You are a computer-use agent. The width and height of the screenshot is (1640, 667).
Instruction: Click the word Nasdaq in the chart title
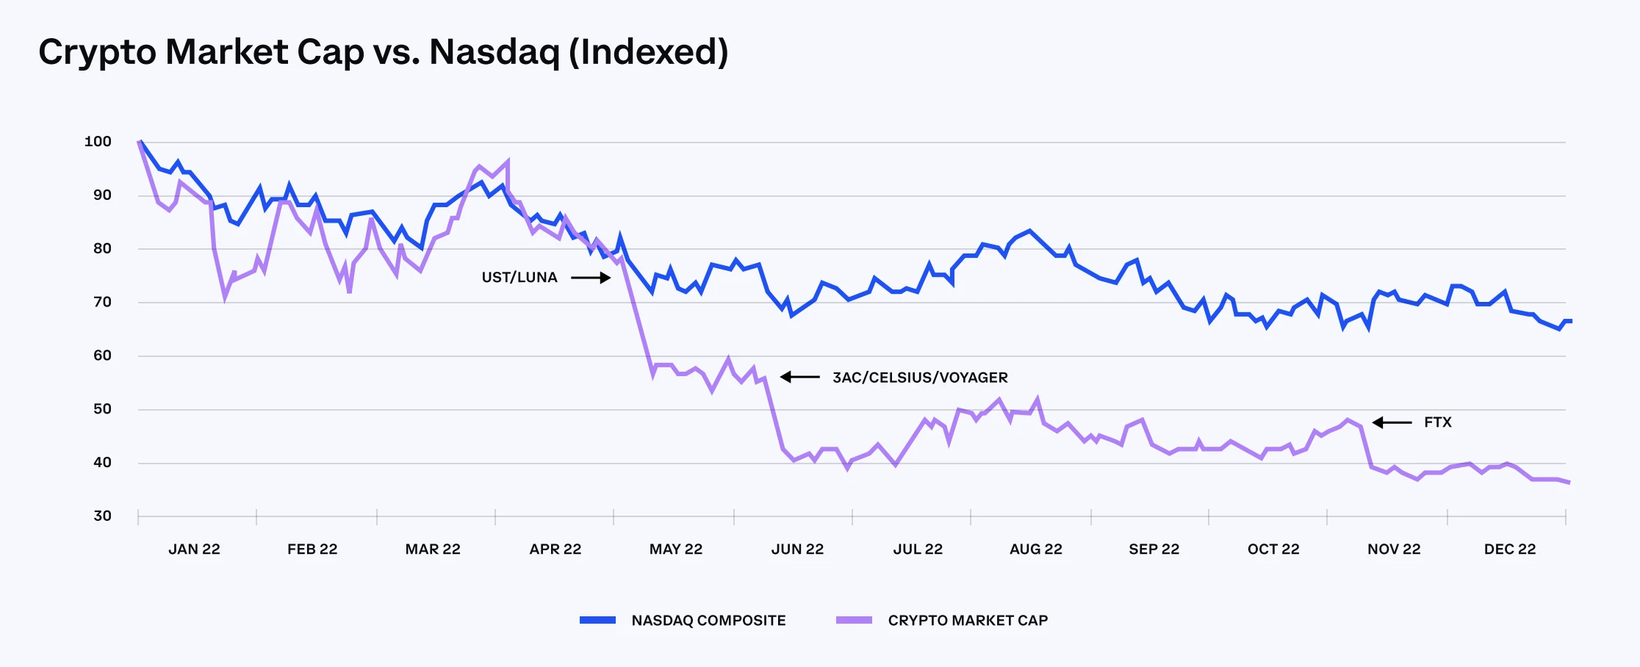494,53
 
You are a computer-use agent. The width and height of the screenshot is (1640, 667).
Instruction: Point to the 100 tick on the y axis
98,142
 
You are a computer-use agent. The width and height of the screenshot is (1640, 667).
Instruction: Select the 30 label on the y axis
102,516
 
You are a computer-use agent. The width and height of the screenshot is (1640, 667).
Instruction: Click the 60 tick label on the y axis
102,356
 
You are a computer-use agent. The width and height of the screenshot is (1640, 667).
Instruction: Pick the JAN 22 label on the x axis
194,549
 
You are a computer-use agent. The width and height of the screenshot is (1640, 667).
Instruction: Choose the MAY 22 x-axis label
675,549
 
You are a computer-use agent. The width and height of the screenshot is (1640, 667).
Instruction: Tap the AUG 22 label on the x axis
1035,549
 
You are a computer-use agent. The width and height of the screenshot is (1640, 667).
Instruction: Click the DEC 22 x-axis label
1509,549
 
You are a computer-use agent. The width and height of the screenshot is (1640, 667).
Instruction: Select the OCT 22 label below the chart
1273,549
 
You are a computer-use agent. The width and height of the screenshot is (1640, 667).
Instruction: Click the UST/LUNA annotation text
519,278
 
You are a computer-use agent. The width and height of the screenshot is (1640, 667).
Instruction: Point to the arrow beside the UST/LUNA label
591,278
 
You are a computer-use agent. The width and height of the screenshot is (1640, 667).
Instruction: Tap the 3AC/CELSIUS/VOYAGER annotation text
920,378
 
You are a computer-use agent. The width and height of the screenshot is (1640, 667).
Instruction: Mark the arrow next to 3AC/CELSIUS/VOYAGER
799,377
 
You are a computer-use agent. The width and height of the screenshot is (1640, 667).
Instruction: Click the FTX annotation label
1437,422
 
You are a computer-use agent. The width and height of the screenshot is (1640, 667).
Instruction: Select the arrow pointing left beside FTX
1392,422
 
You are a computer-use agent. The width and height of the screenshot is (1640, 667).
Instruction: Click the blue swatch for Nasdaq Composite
597,621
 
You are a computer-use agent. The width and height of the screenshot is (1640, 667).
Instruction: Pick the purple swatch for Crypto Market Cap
854,621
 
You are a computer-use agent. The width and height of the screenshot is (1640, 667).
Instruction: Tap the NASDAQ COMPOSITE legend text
708,621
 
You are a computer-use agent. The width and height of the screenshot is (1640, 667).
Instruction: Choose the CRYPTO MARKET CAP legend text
968,621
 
